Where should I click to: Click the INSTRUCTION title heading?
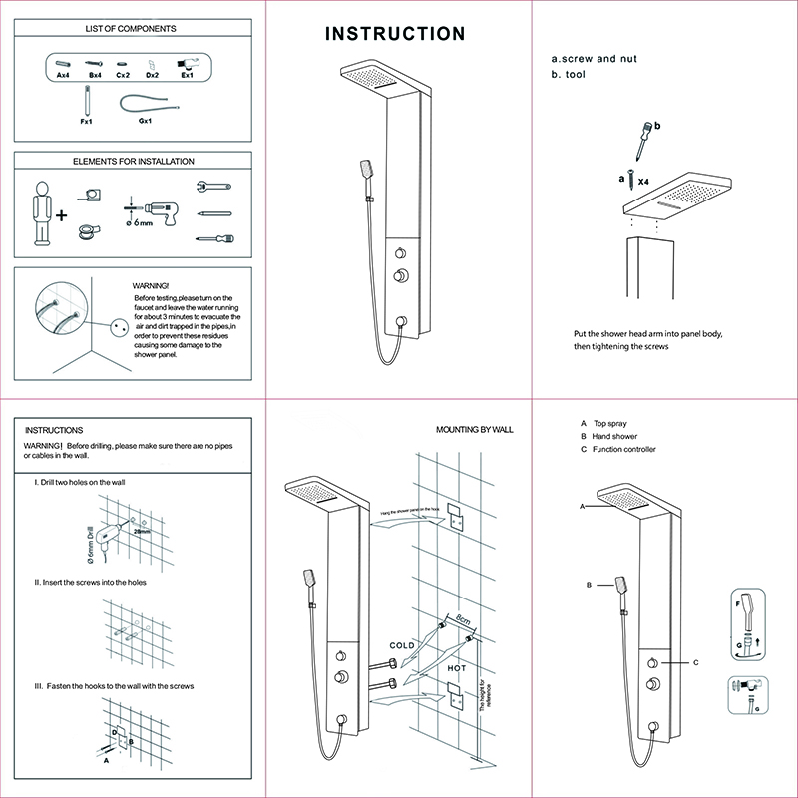pyautogui.click(x=396, y=34)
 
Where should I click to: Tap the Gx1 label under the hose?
pyautogui.click(x=145, y=121)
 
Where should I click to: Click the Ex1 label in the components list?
pyautogui.click(x=186, y=75)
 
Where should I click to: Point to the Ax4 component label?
pyautogui.click(x=62, y=75)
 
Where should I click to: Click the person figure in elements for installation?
pyautogui.click(x=41, y=211)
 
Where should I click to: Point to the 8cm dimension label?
pyautogui.click(x=463, y=619)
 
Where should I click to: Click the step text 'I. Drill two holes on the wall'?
pyautogui.click(x=79, y=482)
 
